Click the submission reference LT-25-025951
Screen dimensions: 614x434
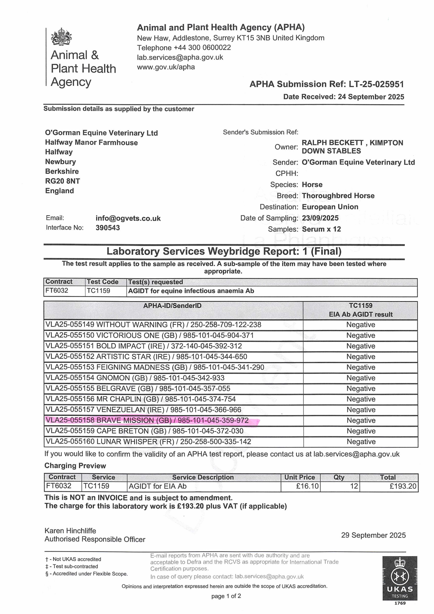[x=376, y=84]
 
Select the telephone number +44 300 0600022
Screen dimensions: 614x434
[x=202, y=48]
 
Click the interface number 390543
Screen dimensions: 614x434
[x=108, y=228]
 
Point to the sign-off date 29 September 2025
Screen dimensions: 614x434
[x=373, y=535]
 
